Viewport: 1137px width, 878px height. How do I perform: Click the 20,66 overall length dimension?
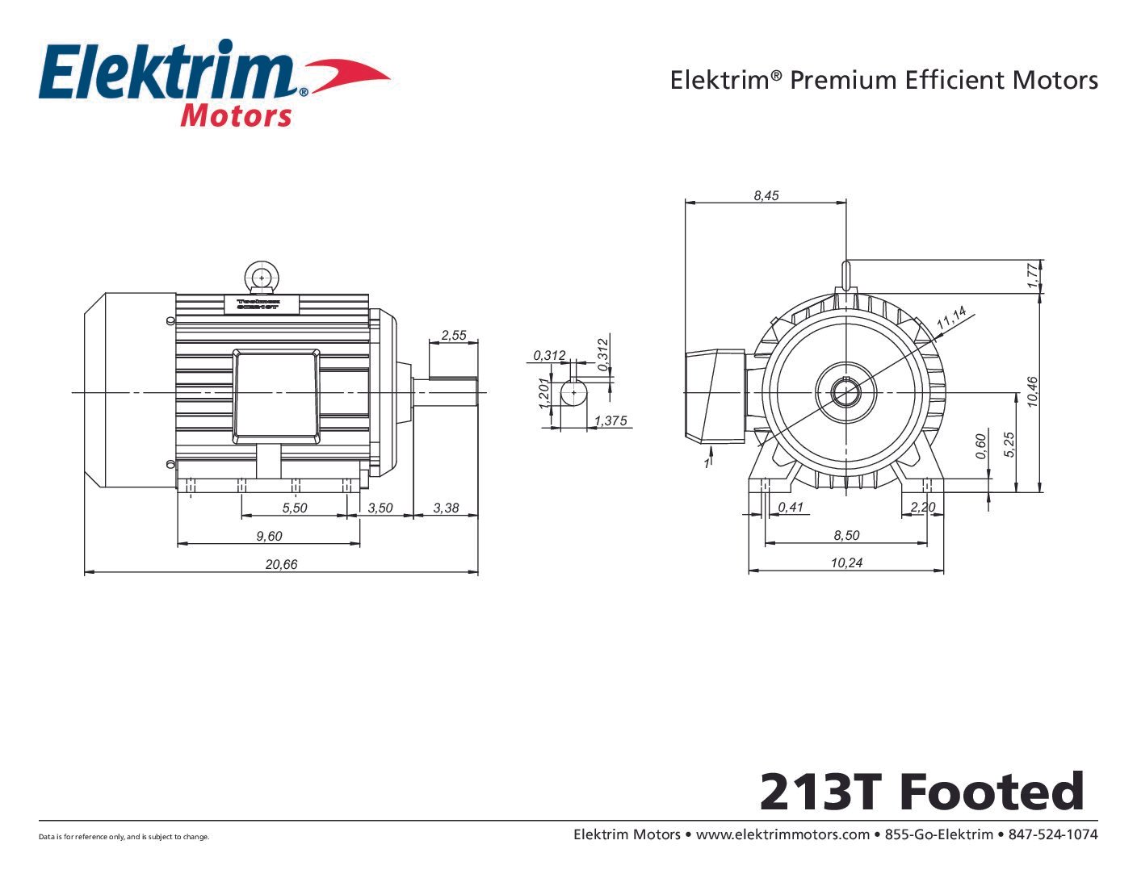point(281,564)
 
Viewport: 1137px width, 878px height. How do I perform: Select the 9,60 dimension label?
point(269,536)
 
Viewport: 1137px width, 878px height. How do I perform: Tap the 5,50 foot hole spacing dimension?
point(295,508)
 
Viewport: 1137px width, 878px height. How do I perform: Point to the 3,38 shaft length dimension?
point(446,508)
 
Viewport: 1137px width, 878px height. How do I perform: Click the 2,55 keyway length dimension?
point(454,335)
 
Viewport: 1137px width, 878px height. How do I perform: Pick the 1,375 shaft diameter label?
point(610,420)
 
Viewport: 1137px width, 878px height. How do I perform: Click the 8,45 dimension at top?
point(766,195)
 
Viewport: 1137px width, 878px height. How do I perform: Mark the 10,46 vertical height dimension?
point(1032,392)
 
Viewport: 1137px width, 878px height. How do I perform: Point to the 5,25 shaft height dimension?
point(1009,445)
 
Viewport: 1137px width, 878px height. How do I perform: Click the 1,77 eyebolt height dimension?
point(1032,276)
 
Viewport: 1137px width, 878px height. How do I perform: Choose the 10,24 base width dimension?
point(846,562)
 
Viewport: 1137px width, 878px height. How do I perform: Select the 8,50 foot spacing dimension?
point(846,535)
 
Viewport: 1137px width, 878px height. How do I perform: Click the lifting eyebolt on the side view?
point(262,278)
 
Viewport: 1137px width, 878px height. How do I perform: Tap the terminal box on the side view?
point(275,395)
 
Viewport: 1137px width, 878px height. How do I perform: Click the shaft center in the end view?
point(845,393)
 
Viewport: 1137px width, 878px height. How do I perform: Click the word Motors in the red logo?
point(235,115)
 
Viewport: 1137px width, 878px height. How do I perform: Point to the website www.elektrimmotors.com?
point(782,834)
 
